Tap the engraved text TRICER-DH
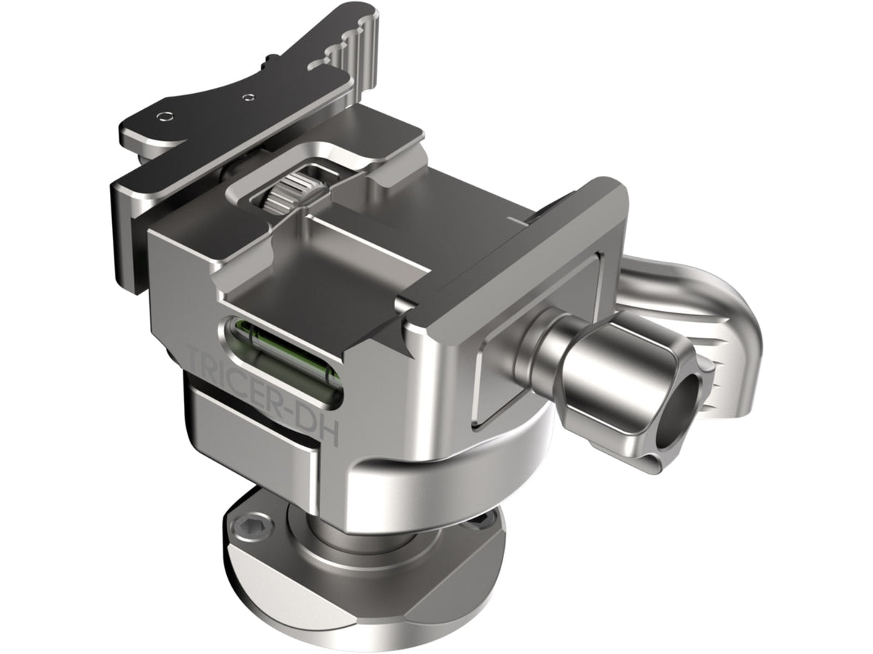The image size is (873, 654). (264, 392)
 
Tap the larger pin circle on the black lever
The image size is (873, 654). (164, 117)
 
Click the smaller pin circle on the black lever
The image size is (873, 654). (248, 96)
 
